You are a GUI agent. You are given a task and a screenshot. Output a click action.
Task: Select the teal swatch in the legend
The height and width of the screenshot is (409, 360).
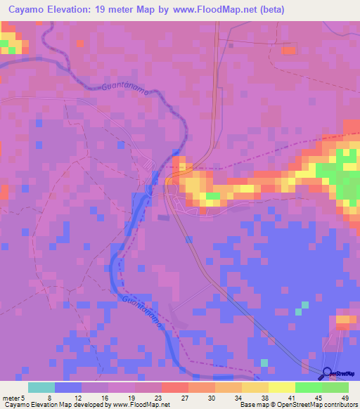tap(41, 387)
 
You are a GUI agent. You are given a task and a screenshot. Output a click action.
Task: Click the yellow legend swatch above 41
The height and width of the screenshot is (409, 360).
tap(281, 387)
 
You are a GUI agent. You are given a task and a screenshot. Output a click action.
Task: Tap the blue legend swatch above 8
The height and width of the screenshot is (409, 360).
tap(67, 387)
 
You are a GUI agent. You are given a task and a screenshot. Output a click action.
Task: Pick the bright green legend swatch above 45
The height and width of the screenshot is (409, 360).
tap(308, 387)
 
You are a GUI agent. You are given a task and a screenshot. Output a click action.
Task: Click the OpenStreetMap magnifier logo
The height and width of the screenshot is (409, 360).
tap(327, 375)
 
